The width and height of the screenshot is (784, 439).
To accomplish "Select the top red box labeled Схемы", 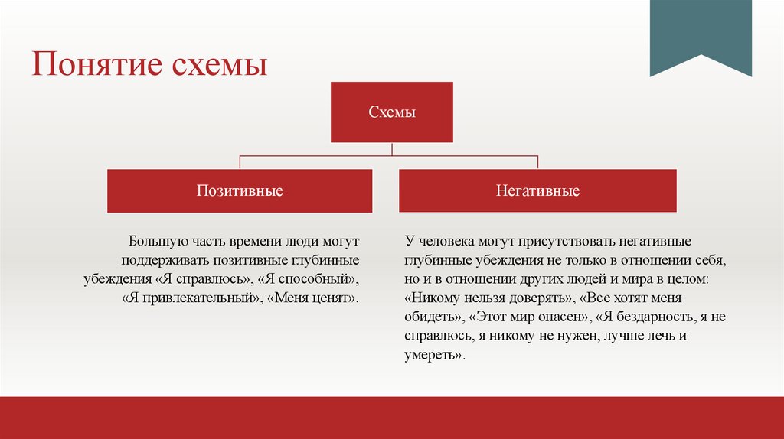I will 392,112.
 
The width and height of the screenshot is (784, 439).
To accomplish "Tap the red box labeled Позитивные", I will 240,190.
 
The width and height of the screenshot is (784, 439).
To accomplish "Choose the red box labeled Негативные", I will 537,190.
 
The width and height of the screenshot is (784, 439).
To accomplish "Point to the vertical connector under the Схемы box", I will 392,149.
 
